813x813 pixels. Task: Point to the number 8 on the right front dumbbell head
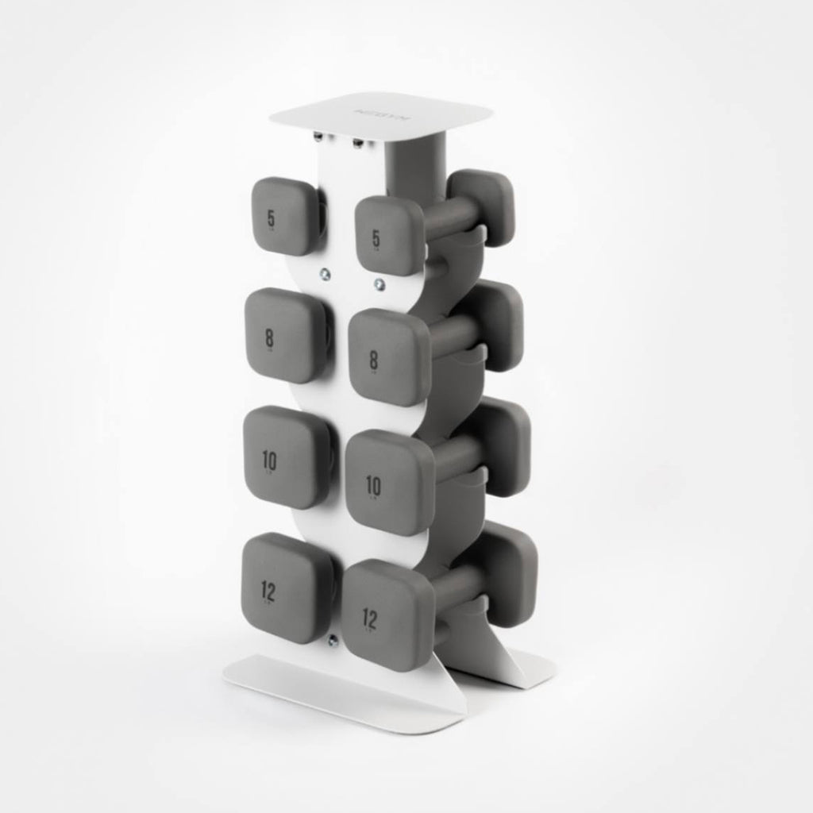coord(373,359)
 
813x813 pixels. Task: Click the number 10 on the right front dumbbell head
coord(372,484)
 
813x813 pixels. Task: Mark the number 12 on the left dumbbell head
coord(269,588)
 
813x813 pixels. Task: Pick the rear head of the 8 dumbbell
coord(497,324)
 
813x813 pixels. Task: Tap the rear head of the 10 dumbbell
coord(505,445)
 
